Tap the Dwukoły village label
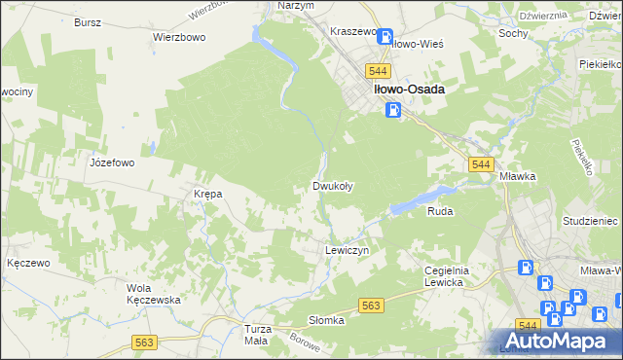tap(332, 186)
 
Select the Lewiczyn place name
tap(345, 250)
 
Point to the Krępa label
tap(208, 194)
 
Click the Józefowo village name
tap(111, 163)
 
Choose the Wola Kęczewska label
tap(154, 294)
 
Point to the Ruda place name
tap(441, 209)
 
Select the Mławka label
tap(518, 177)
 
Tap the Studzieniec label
tap(591, 221)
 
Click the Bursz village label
tap(88, 20)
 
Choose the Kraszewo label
tap(353, 31)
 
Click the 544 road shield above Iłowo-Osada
tap(379, 71)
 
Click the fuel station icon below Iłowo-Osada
tap(391, 111)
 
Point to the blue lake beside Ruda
tap(419, 197)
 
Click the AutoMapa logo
tap(558, 342)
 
